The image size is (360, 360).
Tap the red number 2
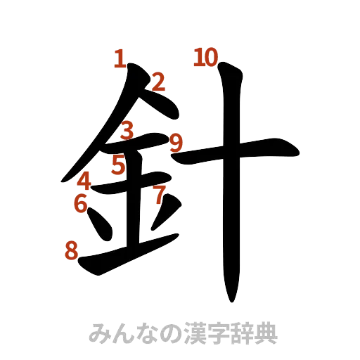coord(158,84)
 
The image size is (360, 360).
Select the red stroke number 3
coord(127,130)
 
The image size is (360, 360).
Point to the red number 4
coord(84,181)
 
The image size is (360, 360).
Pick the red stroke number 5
coord(118,167)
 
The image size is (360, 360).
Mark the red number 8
coord(71,250)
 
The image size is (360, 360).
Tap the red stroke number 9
coord(176,143)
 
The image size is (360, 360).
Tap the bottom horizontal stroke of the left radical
coord(127,257)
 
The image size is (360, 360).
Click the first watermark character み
coord(98,333)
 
